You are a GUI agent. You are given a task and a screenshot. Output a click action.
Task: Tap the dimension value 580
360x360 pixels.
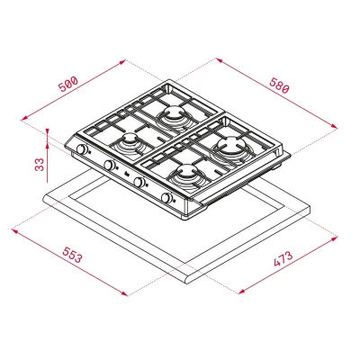point(279,88)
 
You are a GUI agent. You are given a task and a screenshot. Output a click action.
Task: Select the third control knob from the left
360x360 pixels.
point(139,183)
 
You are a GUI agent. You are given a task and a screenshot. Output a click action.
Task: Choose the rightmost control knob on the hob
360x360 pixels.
point(167,198)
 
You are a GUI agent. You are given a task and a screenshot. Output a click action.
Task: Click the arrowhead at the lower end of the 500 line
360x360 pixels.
point(22,117)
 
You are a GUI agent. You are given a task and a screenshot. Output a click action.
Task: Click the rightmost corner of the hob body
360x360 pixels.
point(293,153)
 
